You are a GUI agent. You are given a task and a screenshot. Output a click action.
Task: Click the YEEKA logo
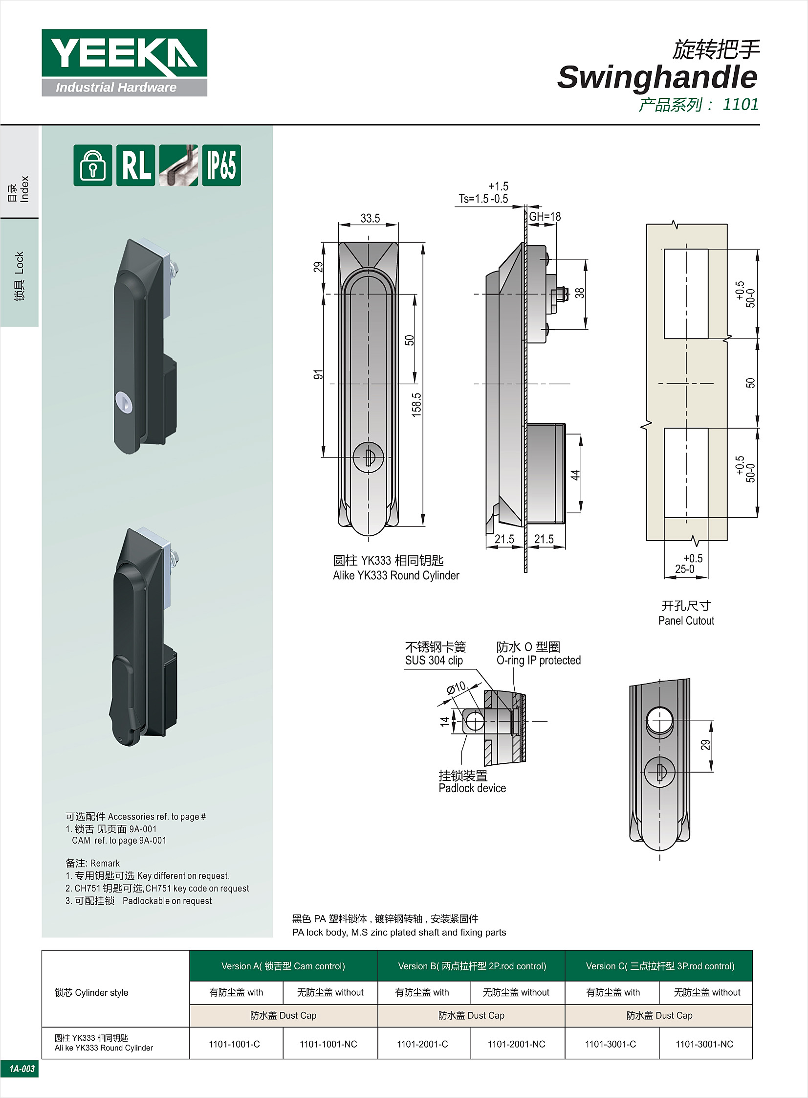pyautogui.click(x=124, y=63)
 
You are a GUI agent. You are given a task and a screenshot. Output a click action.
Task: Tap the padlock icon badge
pyautogui.click(x=93, y=165)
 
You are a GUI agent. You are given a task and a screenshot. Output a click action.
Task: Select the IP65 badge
pyautogui.click(x=221, y=165)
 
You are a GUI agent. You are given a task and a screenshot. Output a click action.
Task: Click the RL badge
pyautogui.click(x=136, y=165)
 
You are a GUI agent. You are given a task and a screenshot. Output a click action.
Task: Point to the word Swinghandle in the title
pyautogui.click(x=657, y=77)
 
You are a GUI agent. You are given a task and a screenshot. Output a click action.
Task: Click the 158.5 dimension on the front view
pyautogui.click(x=416, y=405)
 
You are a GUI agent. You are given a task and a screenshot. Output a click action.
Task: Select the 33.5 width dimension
pyautogui.click(x=370, y=218)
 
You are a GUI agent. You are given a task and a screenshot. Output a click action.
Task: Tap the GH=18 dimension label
pyautogui.click(x=545, y=216)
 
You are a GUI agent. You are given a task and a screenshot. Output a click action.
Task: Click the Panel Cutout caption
pyautogui.click(x=686, y=621)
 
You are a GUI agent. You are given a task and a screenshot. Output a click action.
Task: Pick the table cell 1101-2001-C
pyautogui.click(x=423, y=1044)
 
